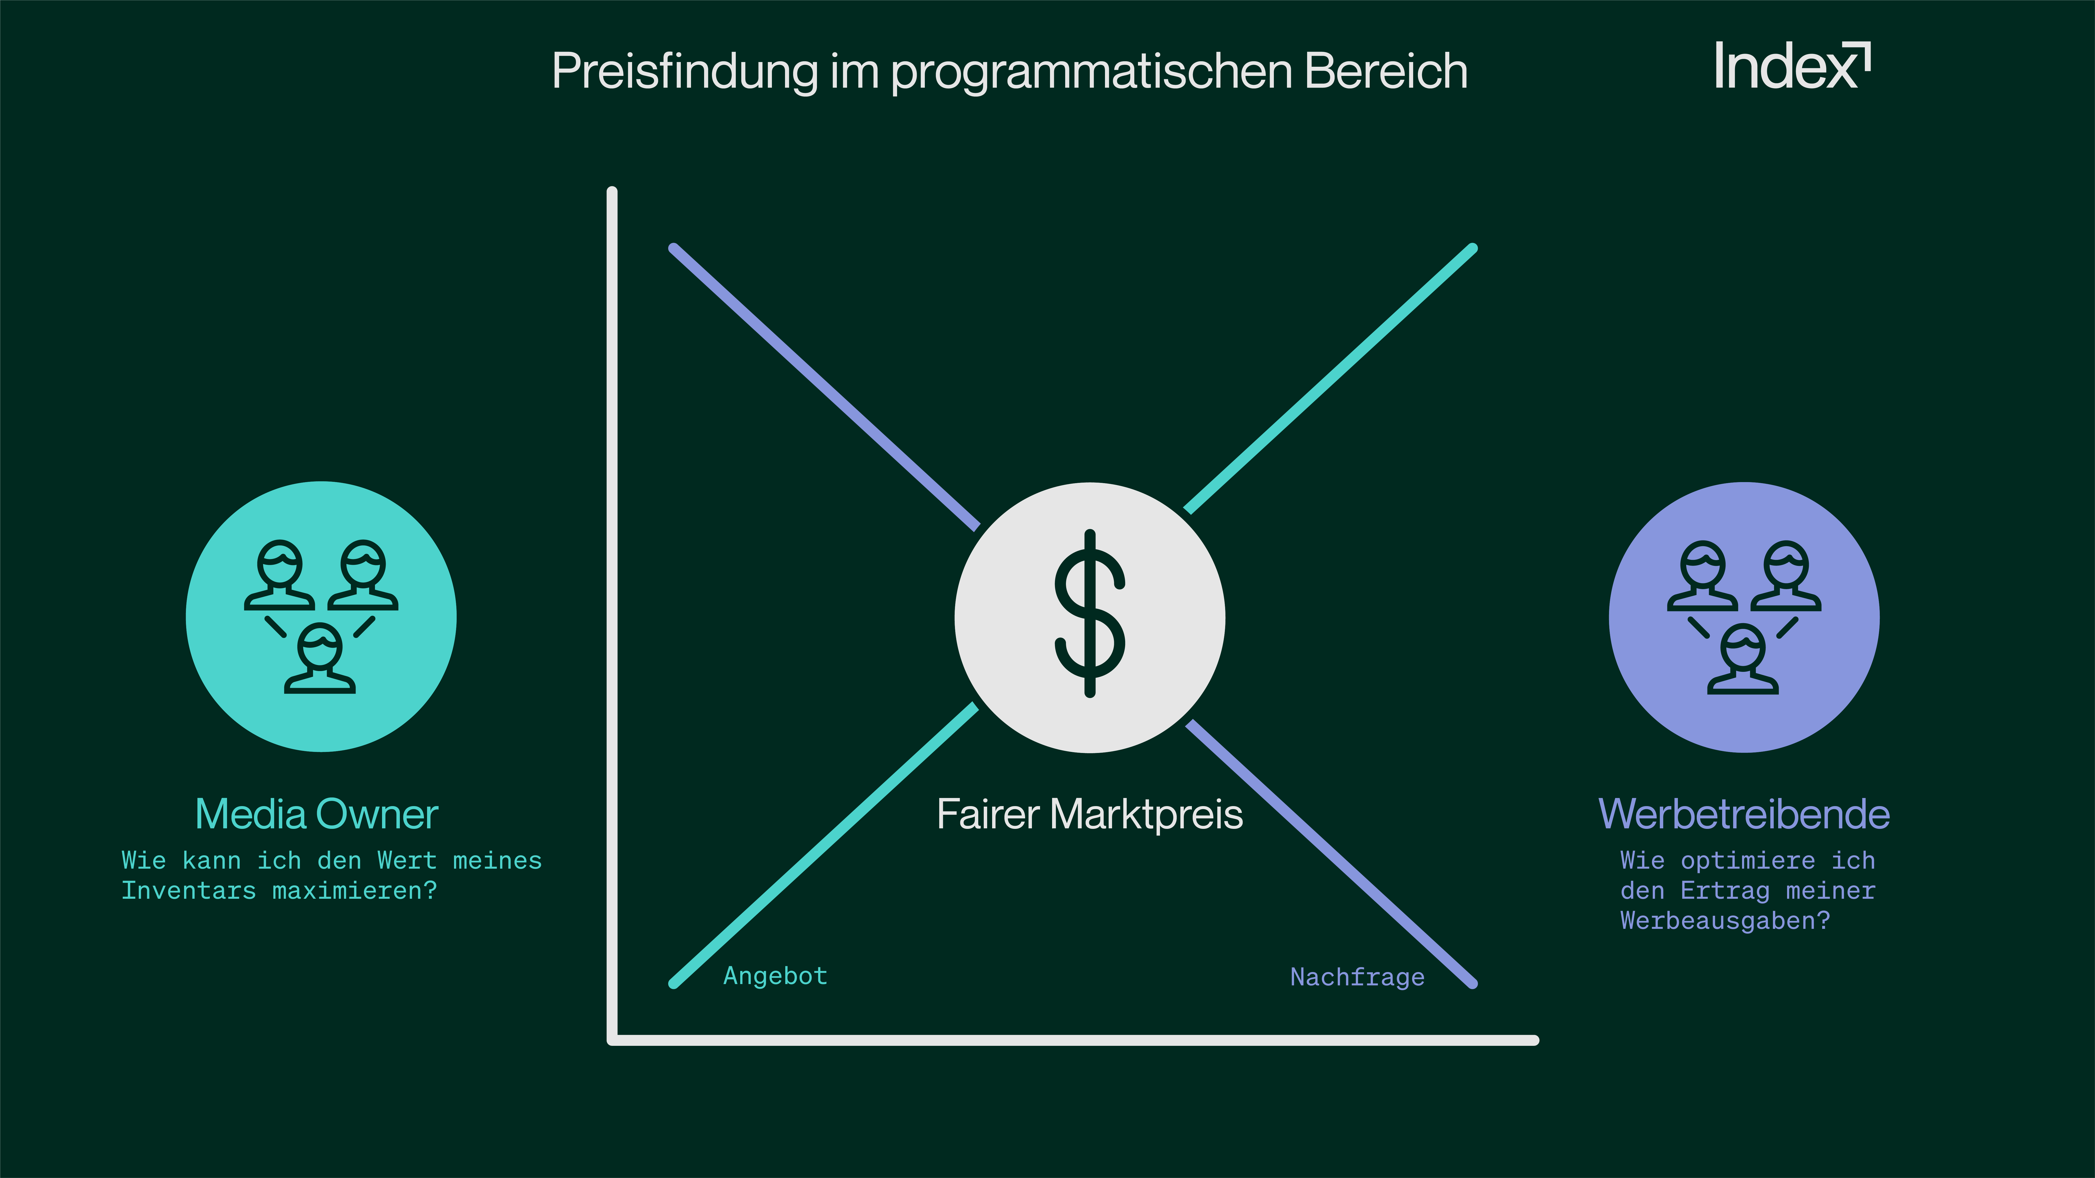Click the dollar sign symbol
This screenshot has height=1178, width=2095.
tap(1090, 614)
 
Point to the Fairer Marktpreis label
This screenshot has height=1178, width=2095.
tap(1090, 814)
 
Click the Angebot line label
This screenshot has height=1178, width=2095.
tap(775, 976)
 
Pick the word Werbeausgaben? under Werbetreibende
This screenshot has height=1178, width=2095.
tap(1724, 921)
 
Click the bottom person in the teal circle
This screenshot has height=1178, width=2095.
tap(320, 658)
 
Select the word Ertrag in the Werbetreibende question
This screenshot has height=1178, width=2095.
tap(1724, 891)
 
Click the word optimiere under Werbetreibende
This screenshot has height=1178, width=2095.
tap(1748, 861)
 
